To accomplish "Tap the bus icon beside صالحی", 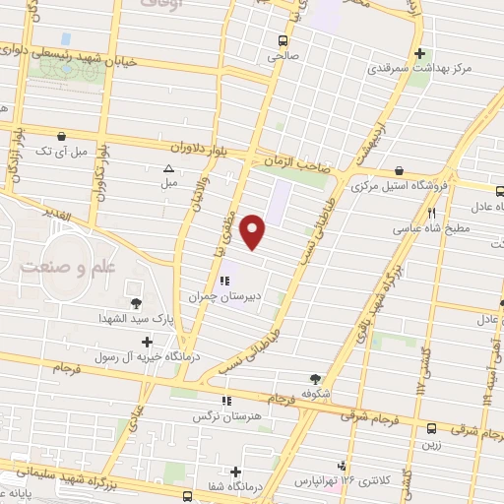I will [x=283, y=40].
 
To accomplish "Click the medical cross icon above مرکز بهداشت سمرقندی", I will [x=420, y=53].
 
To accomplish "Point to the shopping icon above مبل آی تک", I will [x=62, y=137].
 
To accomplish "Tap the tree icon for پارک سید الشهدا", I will [x=135, y=302].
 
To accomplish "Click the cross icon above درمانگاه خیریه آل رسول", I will [x=148, y=342].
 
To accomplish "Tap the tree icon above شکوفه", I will [x=315, y=377].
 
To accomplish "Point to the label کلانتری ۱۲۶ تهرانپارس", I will [x=341, y=481].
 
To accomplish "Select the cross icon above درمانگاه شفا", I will [x=235, y=472].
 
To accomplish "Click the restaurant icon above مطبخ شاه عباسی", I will [x=431, y=213].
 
